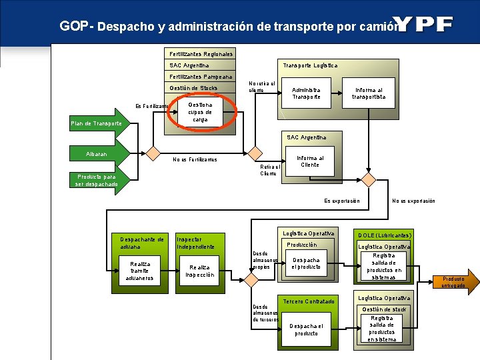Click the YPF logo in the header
[x=426, y=25]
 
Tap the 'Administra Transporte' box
[x=306, y=93]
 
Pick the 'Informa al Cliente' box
[x=309, y=161]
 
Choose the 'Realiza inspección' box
[x=200, y=271]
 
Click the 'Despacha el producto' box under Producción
[x=306, y=263]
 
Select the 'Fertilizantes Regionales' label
[x=201, y=53]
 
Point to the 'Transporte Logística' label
[x=310, y=65]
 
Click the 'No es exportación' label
[x=413, y=201]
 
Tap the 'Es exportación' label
[x=342, y=201]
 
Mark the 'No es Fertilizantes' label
[x=195, y=159]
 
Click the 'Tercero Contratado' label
[x=309, y=301]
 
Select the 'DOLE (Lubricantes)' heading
[x=385, y=235]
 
